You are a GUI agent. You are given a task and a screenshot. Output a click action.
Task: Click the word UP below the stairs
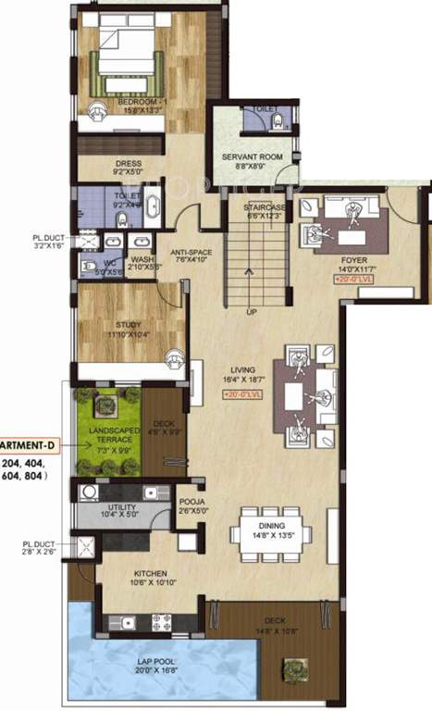tap(251, 311)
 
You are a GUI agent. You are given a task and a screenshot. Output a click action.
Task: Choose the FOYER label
tap(355, 262)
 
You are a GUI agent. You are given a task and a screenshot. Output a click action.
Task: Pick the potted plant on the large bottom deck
tap(296, 667)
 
